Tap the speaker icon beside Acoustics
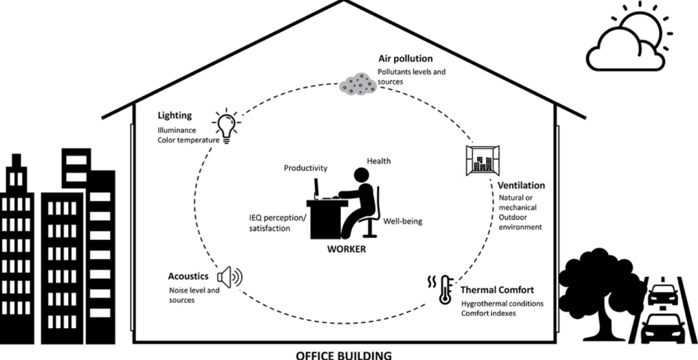click(x=228, y=277)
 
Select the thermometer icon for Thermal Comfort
click(x=446, y=288)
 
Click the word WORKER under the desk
click(x=345, y=250)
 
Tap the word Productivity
click(x=306, y=168)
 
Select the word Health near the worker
click(x=378, y=161)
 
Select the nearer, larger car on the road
click(x=663, y=329)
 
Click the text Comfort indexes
click(x=489, y=314)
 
